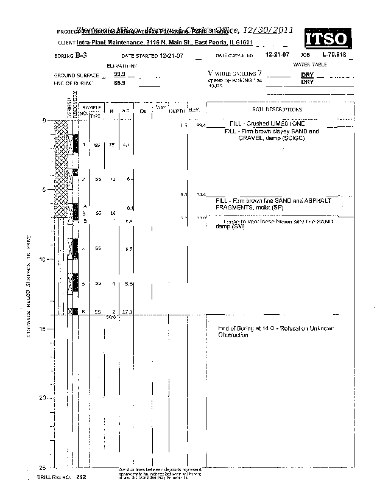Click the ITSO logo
[328, 39]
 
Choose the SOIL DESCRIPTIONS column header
[277, 110]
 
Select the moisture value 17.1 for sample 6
[127, 311]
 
